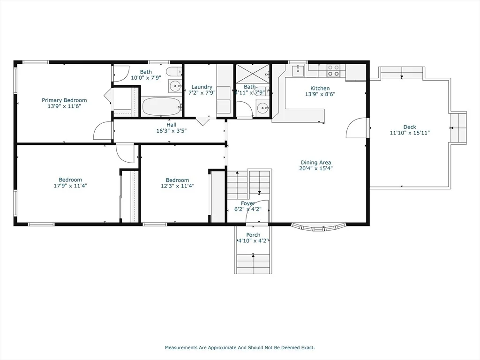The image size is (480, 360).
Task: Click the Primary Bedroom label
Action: [64, 100]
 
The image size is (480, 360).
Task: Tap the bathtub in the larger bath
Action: [162, 106]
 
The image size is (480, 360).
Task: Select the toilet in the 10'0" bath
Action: [174, 72]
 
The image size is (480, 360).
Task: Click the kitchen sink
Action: [298, 70]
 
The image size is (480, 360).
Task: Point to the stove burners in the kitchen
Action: [333, 70]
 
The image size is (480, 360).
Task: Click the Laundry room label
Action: [202, 87]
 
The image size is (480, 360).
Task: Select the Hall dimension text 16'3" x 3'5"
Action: [172, 131]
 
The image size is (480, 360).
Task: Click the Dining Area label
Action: [316, 163]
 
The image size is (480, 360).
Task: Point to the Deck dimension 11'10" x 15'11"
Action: [410, 133]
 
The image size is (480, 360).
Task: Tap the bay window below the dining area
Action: [319, 227]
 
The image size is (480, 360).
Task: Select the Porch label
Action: [254, 235]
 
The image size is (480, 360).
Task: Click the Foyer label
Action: [247, 203]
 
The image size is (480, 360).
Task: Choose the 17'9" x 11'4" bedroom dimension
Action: [70, 186]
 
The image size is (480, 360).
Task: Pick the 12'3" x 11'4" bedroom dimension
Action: [178, 186]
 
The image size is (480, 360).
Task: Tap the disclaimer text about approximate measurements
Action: [240, 347]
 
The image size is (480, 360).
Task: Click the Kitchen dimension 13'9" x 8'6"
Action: [320, 94]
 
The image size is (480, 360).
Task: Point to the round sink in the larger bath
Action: [175, 86]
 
